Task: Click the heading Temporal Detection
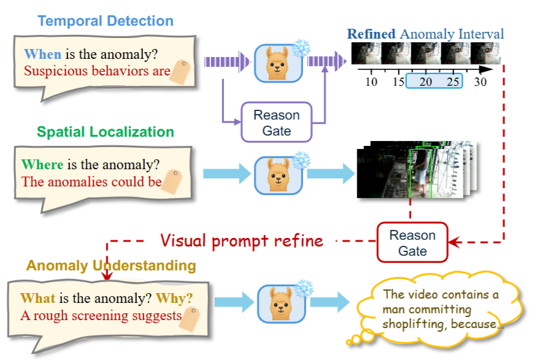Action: [105, 21]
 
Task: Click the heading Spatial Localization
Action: [105, 132]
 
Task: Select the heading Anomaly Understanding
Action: [111, 266]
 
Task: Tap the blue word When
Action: [42, 54]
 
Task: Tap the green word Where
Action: [42, 164]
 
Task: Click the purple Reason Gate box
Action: [277, 122]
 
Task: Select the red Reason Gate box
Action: [412, 243]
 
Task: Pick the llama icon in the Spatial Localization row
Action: [278, 174]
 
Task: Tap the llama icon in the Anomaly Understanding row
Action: [278, 302]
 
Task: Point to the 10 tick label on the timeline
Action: [371, 82]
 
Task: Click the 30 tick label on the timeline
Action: [481, 82]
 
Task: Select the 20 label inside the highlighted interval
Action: [426, 82]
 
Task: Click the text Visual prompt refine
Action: [242, 240]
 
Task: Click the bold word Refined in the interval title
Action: [371, 34]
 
